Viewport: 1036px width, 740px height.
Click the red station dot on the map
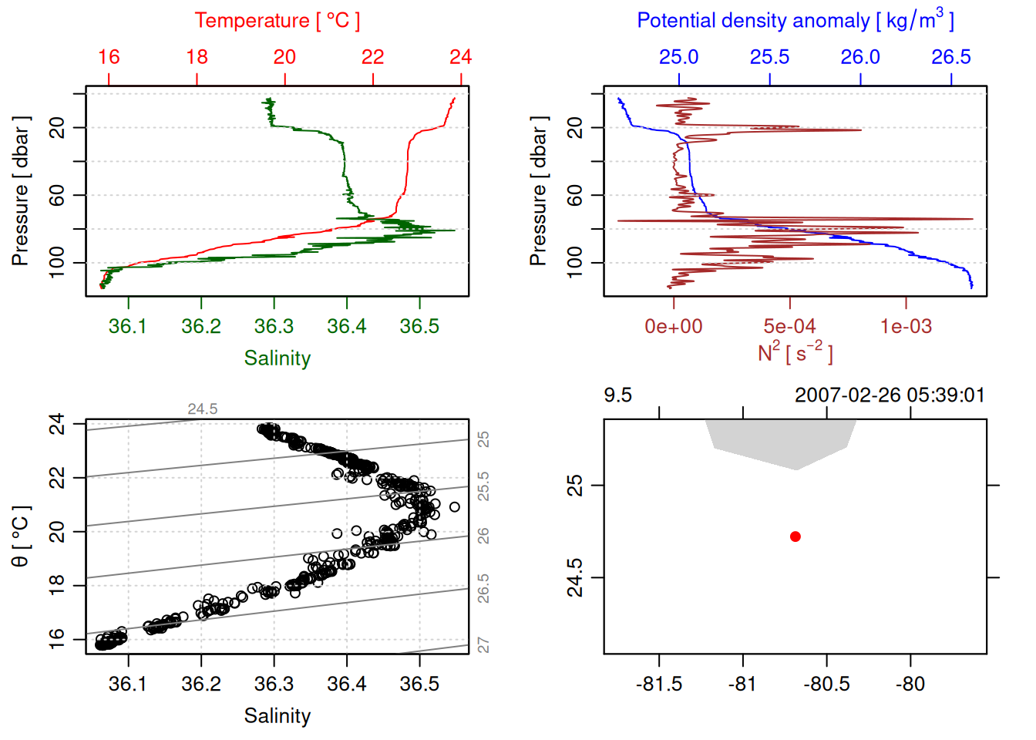(795, 536)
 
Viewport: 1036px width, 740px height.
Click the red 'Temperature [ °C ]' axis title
(277, 21)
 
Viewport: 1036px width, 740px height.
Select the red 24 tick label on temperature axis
(460, 57)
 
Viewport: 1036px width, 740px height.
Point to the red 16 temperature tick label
(109, 57)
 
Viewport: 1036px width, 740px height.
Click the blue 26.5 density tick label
(950, 57)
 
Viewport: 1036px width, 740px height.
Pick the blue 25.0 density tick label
(678, 57)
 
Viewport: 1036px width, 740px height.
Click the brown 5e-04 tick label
(789, 327)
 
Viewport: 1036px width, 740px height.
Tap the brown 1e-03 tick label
(906, 327)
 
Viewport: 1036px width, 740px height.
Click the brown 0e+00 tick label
(674, 327)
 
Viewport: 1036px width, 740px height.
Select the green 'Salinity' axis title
(277, 358)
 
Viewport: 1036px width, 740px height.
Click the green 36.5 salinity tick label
(419, 327)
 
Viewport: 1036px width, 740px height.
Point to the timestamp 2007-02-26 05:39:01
(890, 395)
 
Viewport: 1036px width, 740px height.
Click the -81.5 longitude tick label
(659, 684)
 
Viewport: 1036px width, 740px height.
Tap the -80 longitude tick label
(910, 684)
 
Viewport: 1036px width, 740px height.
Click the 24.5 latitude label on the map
(576, 577)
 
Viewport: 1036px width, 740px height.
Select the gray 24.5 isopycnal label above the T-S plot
(203, 409)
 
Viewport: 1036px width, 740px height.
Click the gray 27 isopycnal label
(483, 645)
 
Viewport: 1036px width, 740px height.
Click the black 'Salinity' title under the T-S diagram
(277, 716)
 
